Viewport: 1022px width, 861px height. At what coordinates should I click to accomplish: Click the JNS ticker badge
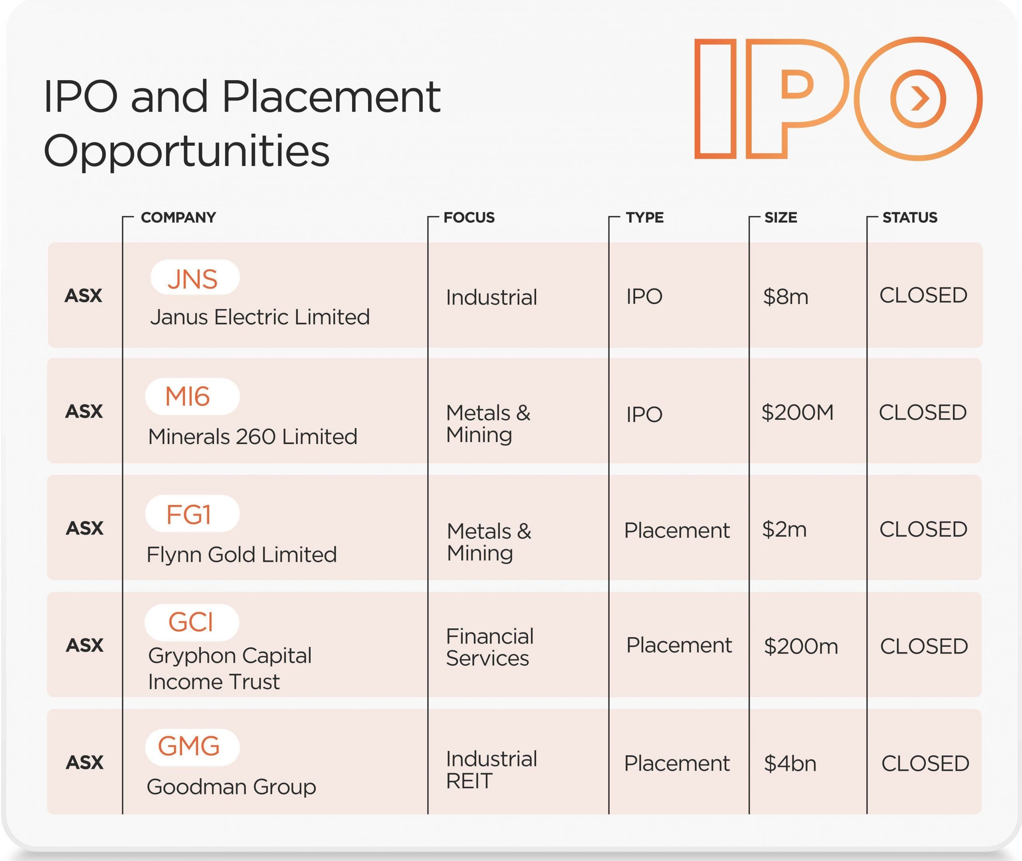(x=195, y=277)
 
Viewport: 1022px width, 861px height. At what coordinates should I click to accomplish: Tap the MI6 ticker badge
(x=192, y=396)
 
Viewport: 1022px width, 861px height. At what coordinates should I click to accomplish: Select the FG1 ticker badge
(x=192, y=513)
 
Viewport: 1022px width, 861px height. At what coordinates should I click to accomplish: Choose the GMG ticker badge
(x=192, y=747)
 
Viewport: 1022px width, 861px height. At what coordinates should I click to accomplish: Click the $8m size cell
(x=786, y=297)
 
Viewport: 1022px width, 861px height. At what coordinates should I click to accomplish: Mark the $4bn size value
(x=790, y=763)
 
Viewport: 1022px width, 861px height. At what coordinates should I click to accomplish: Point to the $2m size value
(x=784, y=529)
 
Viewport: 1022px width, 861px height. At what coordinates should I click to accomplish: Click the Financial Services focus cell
(x=490, y=647)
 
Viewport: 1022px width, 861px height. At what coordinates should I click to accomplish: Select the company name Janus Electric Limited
(x=260, y=318)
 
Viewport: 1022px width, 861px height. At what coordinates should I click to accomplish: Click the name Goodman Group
(x=232, y=787)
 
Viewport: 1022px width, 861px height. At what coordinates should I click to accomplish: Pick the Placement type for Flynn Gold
(x=677, y=530)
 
